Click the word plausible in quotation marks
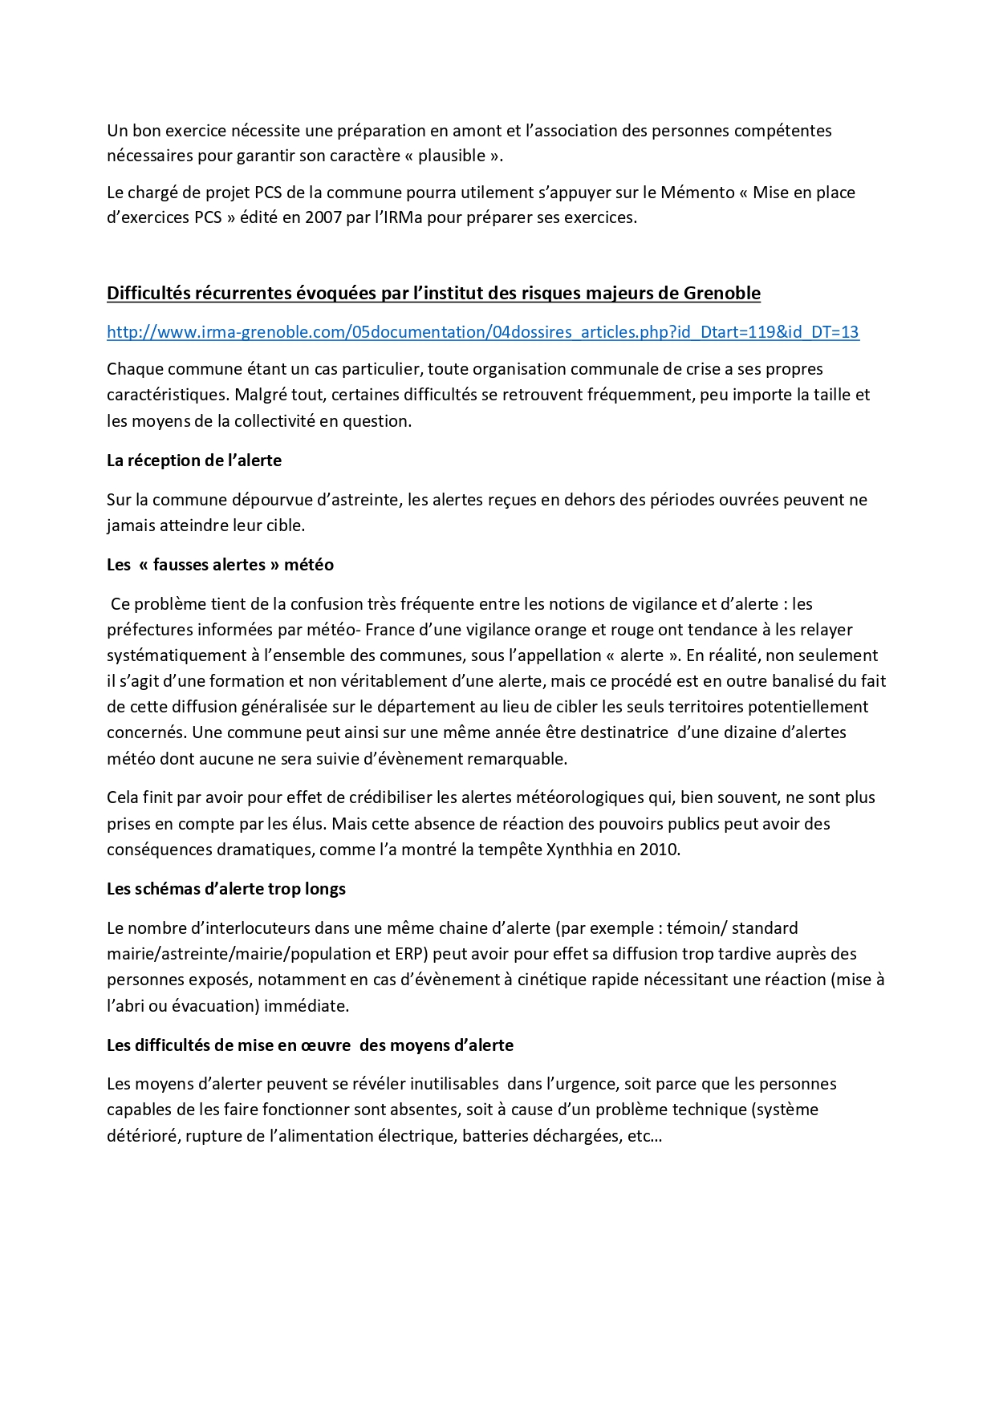[452, 156]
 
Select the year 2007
[323, 217]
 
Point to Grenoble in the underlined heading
[721, 294]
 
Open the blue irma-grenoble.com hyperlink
[482, 332]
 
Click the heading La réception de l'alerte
[194, 461]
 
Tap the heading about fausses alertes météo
[220, 565]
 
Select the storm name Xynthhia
[579, 850]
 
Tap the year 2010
[660, 850]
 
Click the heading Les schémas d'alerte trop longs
[226, 889]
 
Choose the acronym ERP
[412, 954]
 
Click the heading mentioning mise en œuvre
[310, 1045]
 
